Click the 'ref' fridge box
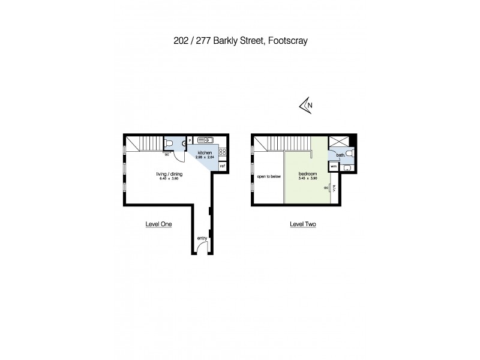[222, 166]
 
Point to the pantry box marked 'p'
[190, 141]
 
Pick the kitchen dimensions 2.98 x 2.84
[205, 158]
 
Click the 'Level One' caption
[159, 224]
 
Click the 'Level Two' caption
[303, 224]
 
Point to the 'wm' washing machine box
[334, 166]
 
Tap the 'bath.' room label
[340, 155]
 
